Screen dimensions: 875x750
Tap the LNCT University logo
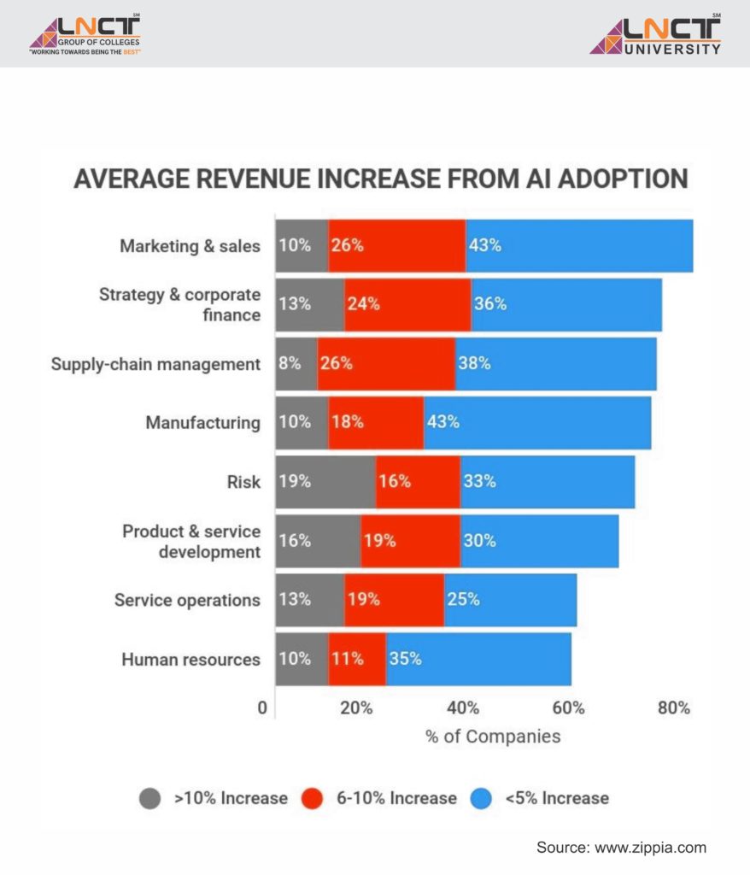click(x=655, y=35)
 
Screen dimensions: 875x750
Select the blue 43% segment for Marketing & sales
click(x=578, y=245)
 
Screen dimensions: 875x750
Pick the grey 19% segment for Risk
click(x=325, y=481)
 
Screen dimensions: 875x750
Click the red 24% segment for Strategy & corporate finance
click(x=407, y=303)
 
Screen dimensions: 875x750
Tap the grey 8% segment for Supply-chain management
click(x=296, y=363)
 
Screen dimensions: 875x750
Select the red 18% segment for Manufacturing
click(x=376, y=422)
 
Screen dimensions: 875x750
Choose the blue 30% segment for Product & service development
click(x=539, y=540)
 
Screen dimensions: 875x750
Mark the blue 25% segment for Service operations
click(x=510, y=599)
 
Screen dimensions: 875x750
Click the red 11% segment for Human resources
click(x=357, y=659)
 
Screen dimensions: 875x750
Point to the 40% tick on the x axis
click(x=462, y=708)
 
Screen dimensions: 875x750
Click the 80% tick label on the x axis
click(x=673, y=708)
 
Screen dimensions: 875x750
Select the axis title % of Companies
click(x=493, y=736)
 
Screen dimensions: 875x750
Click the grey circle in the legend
click(x=149, y=798)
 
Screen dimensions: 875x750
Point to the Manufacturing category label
click(x=202, y=422)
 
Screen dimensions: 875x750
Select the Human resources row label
click(x=190, y=659)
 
